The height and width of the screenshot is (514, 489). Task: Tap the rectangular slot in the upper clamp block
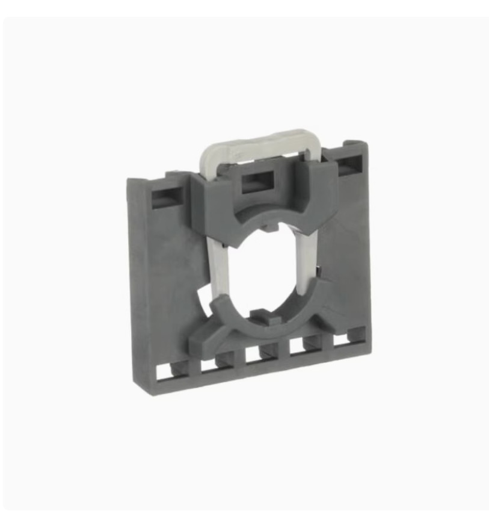tap(255, 182)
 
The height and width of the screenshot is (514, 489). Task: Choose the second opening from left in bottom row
tap(208, 365)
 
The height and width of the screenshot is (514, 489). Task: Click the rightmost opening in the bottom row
tap(340, 341)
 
